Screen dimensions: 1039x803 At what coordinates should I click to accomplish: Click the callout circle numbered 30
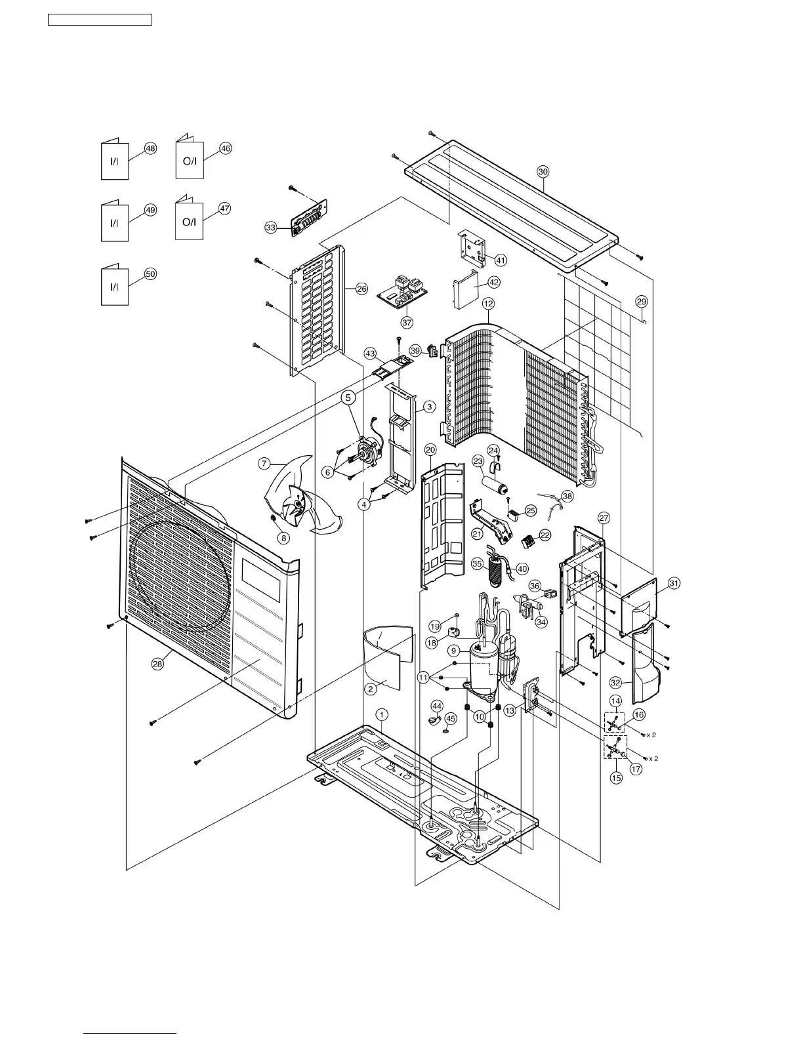pos(543,171)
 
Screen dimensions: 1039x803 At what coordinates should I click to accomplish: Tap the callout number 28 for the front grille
pos(157,664)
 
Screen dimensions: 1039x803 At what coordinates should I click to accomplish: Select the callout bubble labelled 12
pos(488,304)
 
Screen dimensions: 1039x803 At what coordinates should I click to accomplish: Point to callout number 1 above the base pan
pos(382,714)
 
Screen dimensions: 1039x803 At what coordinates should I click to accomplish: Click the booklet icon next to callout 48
pos(115,160)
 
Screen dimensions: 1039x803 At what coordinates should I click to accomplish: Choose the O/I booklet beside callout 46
pos(190,160)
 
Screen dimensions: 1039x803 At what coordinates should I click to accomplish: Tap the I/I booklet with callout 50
pos(115,286)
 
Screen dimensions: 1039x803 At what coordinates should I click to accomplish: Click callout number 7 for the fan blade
pos(264,464)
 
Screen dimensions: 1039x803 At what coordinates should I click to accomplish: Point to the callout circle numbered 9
pos(453,651)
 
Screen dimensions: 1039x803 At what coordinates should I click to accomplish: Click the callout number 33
pos(271,228)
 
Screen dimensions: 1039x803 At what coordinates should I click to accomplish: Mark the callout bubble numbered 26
pos(361,289)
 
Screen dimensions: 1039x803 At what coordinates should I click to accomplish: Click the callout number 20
pos(430,449)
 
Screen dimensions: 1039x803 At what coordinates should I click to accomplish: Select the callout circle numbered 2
pos(371,689)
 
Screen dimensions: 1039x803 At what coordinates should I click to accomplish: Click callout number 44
pos(437,705)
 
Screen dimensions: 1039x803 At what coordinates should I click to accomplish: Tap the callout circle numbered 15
pos(616,778)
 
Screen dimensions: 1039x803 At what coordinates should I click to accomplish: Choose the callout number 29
pos(642,301)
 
